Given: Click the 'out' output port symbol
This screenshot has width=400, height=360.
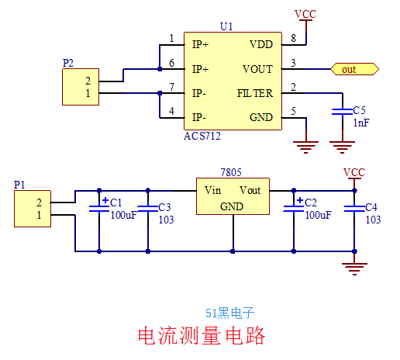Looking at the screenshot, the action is click(355, 69).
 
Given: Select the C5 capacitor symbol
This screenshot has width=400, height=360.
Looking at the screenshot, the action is click(343, 112).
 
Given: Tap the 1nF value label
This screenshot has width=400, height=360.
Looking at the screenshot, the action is click(361, 123).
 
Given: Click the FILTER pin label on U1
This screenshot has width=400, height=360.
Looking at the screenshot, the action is click(255, 93).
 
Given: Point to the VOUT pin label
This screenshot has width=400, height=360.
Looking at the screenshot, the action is click(257, 69).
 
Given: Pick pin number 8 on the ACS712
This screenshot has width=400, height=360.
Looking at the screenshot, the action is click(293, 38).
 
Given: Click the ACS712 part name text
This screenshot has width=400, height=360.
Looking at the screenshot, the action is click(202, 136).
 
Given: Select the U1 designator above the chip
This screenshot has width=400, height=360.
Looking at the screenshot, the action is click(226, 26).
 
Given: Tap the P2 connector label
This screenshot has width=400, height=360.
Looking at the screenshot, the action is click(68, 63).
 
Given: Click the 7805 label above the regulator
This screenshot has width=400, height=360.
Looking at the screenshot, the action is click(231, 172).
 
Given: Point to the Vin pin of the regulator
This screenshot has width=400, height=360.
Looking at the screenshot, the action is click(212, 190).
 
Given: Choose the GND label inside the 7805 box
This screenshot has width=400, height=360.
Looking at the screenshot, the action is click(232, 206).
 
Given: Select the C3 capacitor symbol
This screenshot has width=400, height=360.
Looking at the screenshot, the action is click(148, 209).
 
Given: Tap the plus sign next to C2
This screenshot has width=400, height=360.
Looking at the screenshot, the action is click(300, 200).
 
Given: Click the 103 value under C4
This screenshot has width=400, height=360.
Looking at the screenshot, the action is click(373, 220).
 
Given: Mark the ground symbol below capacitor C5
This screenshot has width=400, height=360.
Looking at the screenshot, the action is click(342, 147).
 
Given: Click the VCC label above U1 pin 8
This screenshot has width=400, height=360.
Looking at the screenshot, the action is click(305, 14).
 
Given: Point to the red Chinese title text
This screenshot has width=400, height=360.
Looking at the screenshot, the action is click(202, 335).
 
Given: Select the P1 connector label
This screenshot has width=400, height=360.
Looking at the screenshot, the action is click(19, 185).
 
